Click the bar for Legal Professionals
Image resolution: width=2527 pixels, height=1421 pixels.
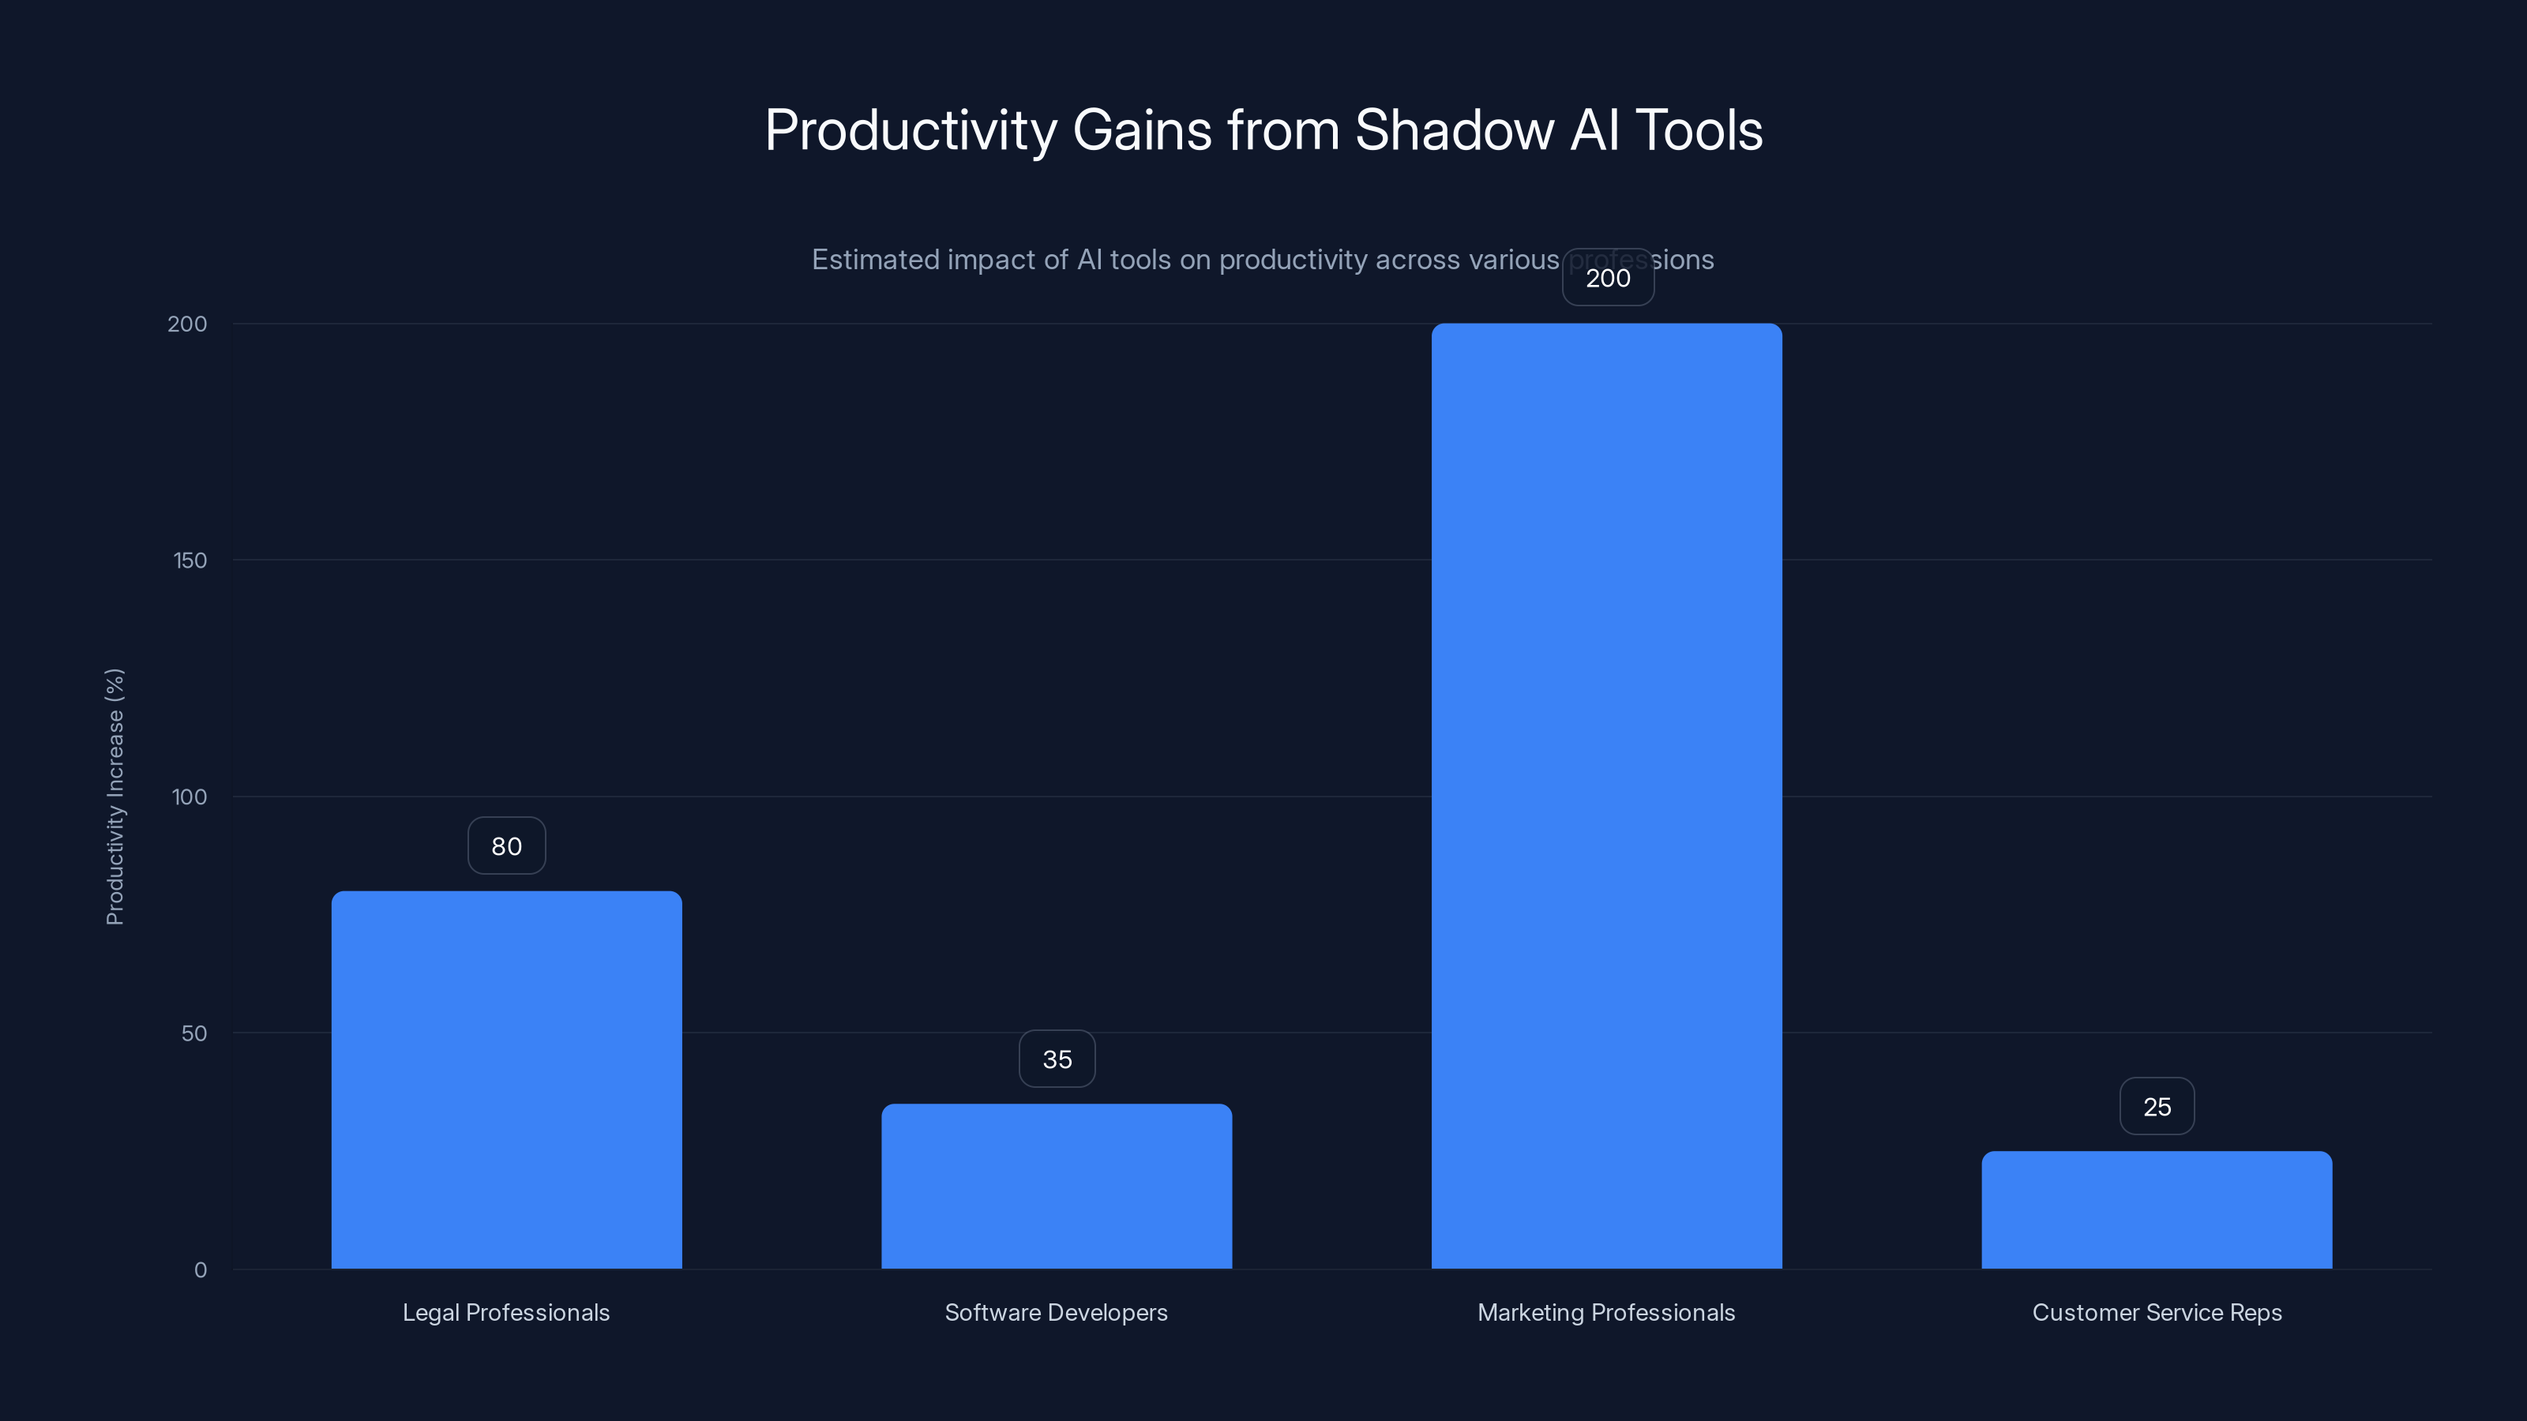[x=506, y=1078]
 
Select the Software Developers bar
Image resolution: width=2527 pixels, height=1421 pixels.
[x=1057, y=1186]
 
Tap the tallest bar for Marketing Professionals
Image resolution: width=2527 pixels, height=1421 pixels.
[x=1606, y=795]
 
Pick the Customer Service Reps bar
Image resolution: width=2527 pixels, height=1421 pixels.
[x=2156, y=1209]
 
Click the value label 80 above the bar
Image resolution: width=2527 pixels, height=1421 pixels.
[x=506, y=845]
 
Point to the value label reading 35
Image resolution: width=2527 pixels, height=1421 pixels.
[x=1057, y=1059]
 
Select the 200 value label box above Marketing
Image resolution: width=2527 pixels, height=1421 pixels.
[x=1608, y=278]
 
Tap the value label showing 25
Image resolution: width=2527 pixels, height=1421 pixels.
[x=2156, y=1106]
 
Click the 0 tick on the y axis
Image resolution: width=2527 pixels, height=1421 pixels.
[x=200, y=1270]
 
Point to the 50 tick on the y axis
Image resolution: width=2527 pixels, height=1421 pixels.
[x=194, y=1033]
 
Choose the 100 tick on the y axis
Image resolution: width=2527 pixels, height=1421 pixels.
[x=190, y=797]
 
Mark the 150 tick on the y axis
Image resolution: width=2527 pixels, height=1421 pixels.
[x=190, y=560]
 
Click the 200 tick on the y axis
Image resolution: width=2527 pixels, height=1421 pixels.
[x=187, y=324]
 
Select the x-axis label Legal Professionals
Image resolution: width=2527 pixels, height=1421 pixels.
[x=506, y=1312]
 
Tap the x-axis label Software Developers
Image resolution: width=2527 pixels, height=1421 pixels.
[x=1057, y=1312]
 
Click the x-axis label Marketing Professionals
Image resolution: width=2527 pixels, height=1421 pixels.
[x=1606, y=1312]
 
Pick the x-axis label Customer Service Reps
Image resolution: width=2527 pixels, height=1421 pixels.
[x=2156, y=1312]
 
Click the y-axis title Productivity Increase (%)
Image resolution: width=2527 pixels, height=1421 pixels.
[x=115, y=797]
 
